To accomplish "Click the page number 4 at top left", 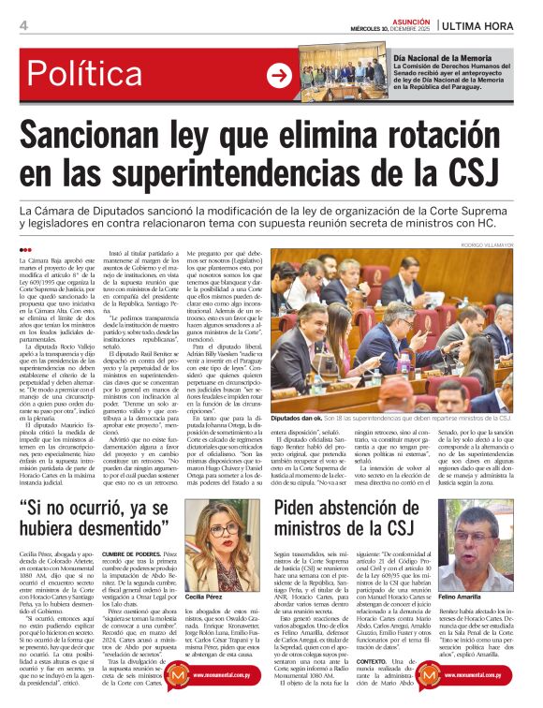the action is point(23,25).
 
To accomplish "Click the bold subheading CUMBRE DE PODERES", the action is point(125,555).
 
